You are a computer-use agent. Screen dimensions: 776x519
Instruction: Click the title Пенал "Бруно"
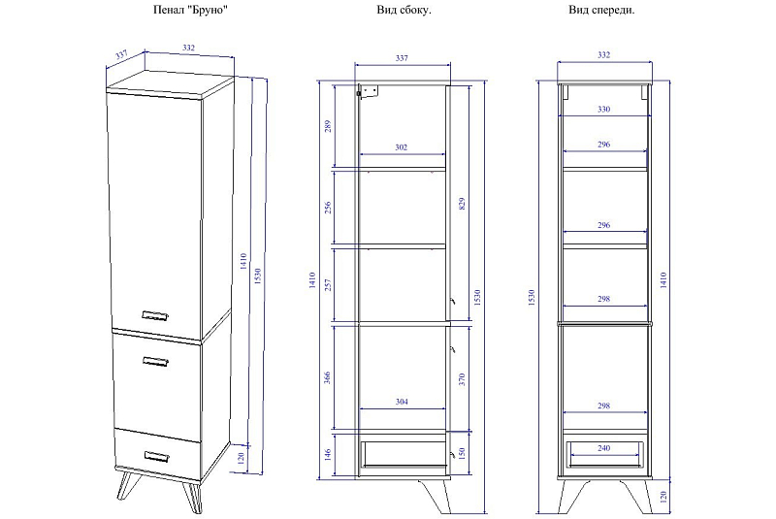[190, 10]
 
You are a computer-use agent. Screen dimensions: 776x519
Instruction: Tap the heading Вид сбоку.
[404, 10]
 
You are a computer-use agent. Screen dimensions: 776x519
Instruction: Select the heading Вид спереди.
[601, 10]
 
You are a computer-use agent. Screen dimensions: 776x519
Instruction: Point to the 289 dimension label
[327, 127]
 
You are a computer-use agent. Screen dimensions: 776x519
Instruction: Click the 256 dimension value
[327, 208]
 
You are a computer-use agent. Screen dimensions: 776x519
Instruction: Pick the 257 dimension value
[327, 285]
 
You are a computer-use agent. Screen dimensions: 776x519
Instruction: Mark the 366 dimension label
[327, 378]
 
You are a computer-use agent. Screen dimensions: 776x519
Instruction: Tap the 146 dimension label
[327, 455]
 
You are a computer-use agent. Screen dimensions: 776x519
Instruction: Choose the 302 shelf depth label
[401, 146]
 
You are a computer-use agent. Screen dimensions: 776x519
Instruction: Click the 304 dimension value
[402, 402]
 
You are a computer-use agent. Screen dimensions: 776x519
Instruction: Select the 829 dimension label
[462, 204]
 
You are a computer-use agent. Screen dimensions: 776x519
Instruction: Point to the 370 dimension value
[462, 380]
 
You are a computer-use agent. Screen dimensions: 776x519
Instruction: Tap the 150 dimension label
[462, 453]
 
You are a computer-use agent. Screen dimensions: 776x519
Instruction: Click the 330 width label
[603, 109]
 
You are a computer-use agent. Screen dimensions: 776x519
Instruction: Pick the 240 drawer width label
[603, 448]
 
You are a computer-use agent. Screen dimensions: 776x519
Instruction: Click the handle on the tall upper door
[155, 315]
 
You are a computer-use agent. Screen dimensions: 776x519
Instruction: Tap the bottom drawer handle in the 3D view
[157, 456]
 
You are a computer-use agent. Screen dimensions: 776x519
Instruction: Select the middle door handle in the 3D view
[155, 362]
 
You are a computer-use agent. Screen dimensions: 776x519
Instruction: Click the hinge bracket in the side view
[368, 92]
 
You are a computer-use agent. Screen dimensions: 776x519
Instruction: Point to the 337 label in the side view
[402, 58]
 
